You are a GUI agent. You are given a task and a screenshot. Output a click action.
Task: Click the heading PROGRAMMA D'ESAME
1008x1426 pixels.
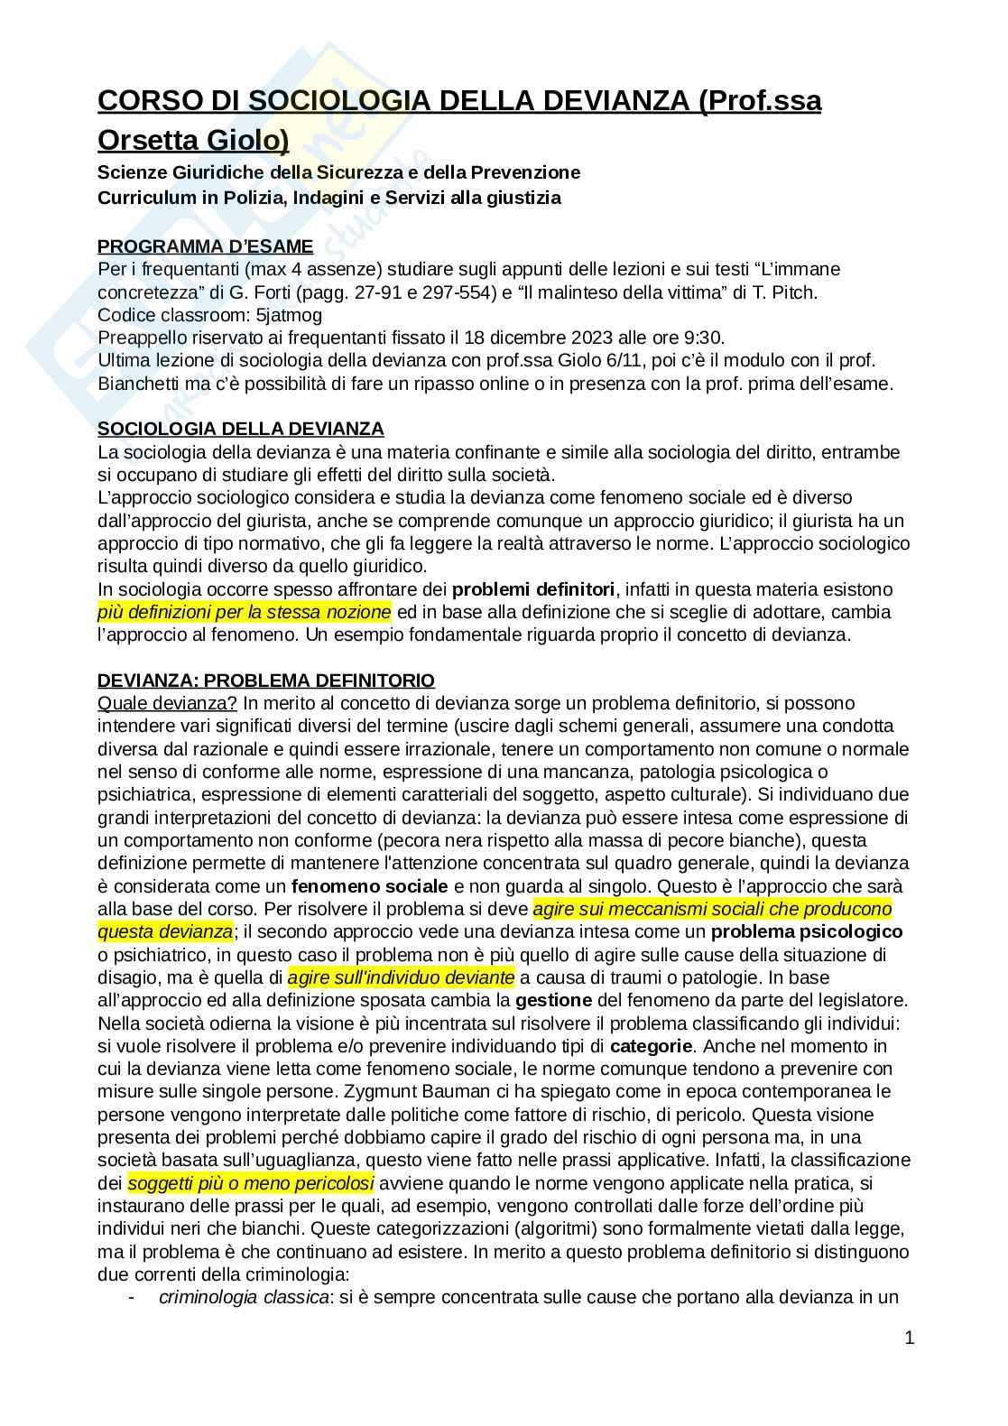pyautogui.click(x=205, y=246)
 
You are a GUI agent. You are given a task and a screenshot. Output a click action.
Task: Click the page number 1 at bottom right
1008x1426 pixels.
pyautogui.click(x=909, y=1338)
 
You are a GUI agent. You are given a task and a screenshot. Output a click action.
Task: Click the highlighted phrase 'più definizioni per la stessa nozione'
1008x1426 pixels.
pyautogui.click(x=245, y=612)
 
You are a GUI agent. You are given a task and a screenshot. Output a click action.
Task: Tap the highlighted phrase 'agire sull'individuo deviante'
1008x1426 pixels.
pyautogui.click(x=402, y=977)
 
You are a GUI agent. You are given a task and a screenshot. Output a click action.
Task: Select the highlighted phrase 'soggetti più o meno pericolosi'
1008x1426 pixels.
pyautogui.click(x=251, y=1182)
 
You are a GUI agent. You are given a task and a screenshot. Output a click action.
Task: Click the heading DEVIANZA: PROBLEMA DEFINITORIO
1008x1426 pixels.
pyautogui.click(x=266, y=681)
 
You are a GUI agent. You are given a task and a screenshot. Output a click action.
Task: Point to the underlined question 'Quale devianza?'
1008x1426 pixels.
pyautogui.click(x=167, y=703)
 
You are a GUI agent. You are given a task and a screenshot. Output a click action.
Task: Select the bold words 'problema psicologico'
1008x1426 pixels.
pyautogui.click(x=806, y=931)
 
